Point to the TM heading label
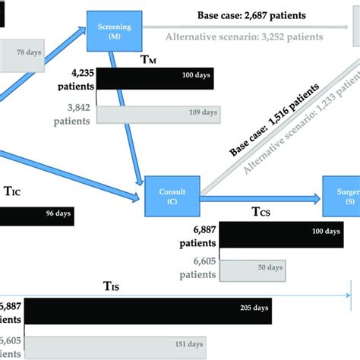[x=149, y=58]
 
